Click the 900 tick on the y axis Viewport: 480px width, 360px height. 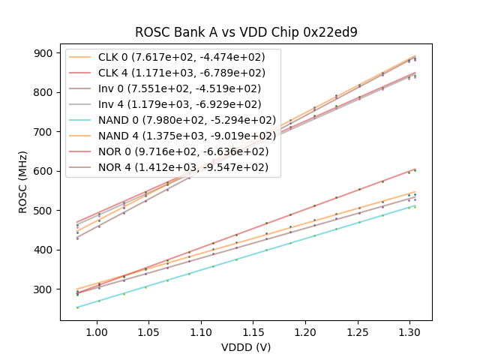coord(44,53)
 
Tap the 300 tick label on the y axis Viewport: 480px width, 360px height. coord(44,289)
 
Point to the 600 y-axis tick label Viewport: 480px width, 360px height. coord(44,171)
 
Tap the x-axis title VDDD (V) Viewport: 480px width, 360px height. coord(246,347)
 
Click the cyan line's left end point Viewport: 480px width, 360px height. coord(77,307)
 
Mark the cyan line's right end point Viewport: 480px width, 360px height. coord(415,205)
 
